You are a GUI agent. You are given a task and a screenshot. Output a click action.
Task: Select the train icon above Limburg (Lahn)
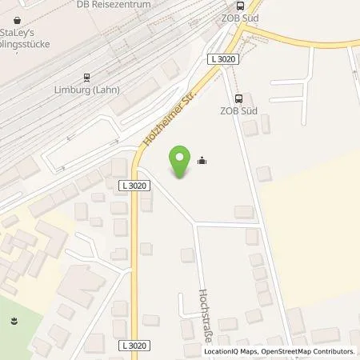(85, 78)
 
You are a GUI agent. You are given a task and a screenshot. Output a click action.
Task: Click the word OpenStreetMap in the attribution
(274, 351)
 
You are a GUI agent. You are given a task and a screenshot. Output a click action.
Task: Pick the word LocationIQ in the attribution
(221, 351)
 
